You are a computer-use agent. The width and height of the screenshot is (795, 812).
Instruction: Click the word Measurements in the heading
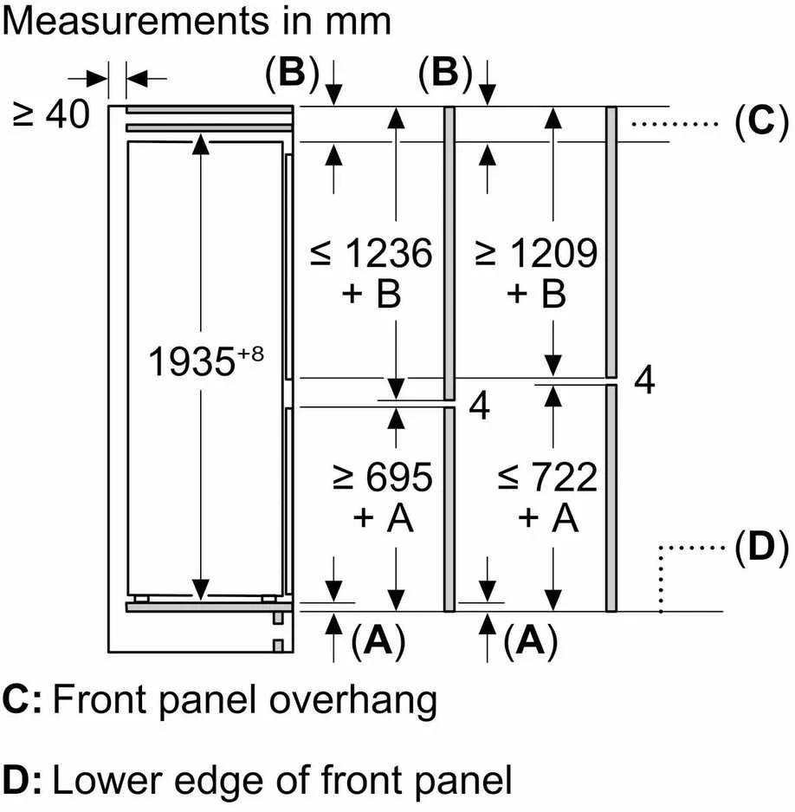137,22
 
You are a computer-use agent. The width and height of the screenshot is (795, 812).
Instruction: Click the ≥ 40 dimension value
51,114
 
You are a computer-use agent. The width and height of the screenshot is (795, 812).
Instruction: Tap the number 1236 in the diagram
388,253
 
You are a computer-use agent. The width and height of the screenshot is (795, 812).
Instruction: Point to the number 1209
553,253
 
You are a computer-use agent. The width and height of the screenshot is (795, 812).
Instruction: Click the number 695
399,477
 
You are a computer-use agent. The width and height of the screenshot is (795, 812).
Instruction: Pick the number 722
564,477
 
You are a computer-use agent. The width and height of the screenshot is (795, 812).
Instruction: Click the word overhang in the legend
353,701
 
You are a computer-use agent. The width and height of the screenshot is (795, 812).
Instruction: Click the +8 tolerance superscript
250,354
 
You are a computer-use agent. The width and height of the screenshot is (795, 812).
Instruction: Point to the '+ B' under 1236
372,294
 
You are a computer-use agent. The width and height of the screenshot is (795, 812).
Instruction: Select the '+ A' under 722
548,517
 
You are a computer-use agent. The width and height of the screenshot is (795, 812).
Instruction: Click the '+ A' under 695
383,517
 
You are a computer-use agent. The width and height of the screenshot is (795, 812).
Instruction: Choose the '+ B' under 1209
537,294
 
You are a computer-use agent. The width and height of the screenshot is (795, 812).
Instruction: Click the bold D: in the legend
22,780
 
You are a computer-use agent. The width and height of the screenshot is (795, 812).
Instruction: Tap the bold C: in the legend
22,700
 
